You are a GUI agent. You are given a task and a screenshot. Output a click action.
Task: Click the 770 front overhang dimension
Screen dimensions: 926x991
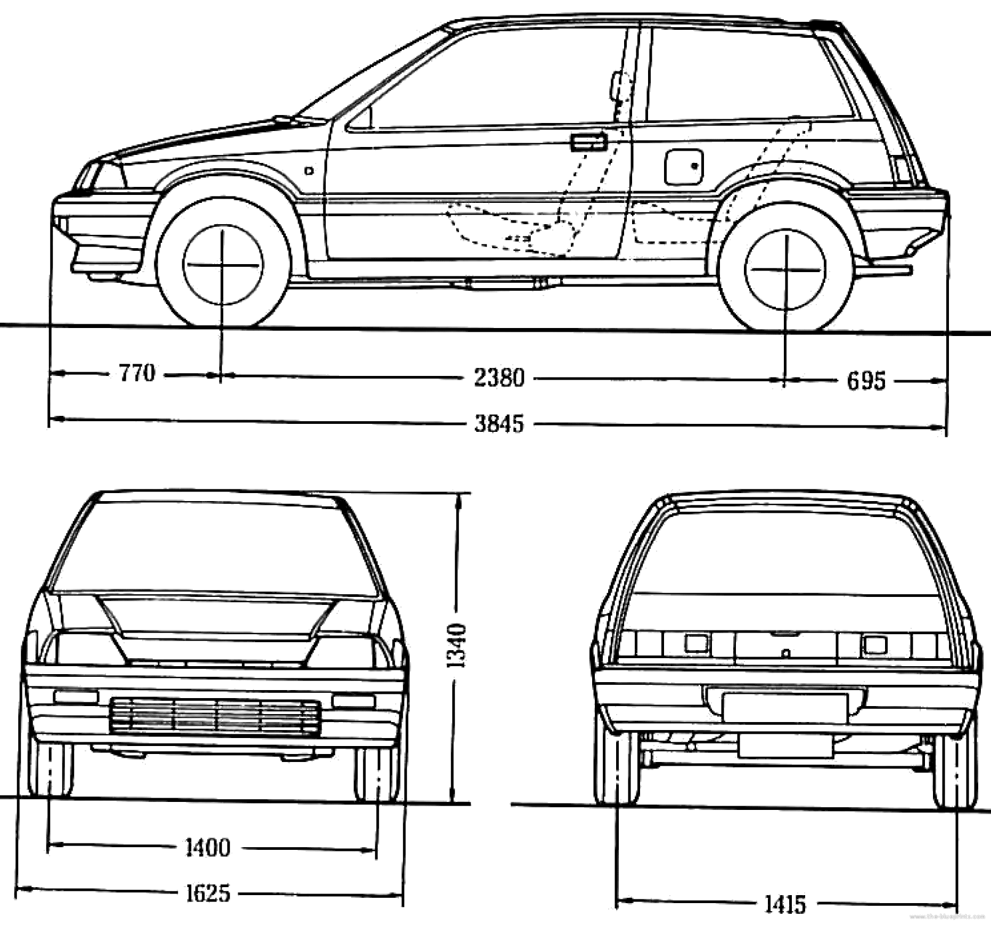coord(137,373)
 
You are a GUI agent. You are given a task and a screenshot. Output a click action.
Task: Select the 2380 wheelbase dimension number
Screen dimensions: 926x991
coord(499,378)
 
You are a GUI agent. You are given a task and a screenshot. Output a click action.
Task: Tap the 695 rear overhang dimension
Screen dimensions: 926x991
coord(866,381)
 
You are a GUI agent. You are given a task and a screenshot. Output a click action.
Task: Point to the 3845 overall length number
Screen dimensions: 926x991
coord(499,424)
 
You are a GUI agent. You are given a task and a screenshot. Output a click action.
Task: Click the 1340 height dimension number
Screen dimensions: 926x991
coord(457,645)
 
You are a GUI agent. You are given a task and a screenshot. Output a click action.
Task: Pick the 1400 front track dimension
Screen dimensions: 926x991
coord(208,847)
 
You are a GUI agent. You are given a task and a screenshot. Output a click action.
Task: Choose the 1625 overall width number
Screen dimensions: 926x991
coord(208,893)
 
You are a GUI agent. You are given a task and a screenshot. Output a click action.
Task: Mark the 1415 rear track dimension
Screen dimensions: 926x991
coord(785,904)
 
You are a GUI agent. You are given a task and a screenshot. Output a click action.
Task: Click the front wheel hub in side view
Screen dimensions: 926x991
coord(223,265)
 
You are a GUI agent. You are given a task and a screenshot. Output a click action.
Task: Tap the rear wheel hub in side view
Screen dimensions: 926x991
coord(785,270)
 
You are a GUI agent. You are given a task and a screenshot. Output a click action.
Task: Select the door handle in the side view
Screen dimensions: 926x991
coord(588,142)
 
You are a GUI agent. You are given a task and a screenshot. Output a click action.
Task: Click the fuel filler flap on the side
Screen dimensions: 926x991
coord(684,167)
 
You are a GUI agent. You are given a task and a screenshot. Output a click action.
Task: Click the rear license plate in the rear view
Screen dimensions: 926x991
coord(785,708)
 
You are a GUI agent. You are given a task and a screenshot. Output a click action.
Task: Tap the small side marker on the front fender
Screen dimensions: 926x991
coord(309,171)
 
